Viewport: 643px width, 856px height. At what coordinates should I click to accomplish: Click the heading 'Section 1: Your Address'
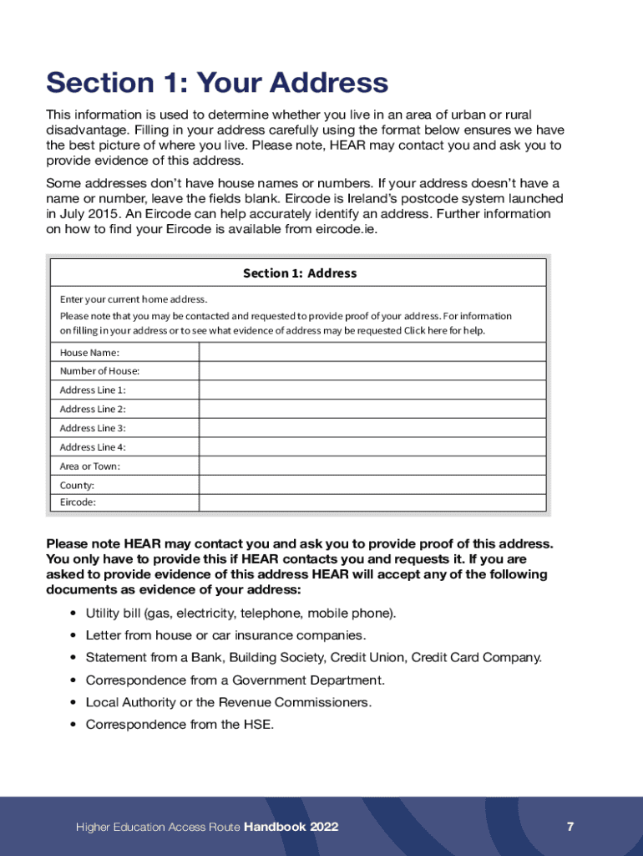click(217, 83)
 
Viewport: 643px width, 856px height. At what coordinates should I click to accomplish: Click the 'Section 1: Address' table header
click(299, 273)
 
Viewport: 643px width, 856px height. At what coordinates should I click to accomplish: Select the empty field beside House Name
click(372, 352)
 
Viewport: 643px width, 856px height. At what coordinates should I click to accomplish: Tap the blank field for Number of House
click(372, 371)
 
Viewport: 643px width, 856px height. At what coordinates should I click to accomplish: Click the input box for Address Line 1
click(372, 390)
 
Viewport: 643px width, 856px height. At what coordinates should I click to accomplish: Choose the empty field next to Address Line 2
click(372, 409)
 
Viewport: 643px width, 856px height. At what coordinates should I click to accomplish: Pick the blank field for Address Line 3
click(372, 428)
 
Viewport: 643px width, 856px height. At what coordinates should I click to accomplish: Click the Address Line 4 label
click(93, 447)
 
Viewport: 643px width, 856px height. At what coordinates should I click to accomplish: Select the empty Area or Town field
click(372, 466)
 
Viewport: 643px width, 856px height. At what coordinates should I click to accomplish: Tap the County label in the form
click(77, 485)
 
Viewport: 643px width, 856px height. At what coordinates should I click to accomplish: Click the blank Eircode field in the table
click(372, 502)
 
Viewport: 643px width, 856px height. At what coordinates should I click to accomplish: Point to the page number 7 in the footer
click(570, 827)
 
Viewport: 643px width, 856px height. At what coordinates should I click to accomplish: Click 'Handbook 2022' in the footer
click(291, 827)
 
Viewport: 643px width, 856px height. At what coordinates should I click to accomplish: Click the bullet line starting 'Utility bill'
click(241, 614)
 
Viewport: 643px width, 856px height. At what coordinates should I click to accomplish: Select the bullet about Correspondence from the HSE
click(180, 725)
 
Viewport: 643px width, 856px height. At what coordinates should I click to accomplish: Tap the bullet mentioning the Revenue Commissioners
click(229, 702)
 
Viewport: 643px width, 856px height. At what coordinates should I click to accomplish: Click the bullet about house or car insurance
click(225, 635)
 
